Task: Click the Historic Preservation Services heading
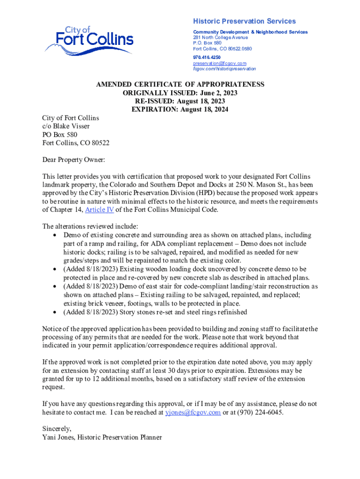click(244, 22)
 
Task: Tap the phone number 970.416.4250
click(207, 57)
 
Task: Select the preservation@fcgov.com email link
click(219, 63)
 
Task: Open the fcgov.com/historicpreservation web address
click(224, 69)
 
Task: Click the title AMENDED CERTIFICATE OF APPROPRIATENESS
click(180, 85)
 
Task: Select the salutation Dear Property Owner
click(73, 160)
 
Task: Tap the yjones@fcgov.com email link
click(193, 413)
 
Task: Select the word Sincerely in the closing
click(57, 429)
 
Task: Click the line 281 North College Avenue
click(220, 37)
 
